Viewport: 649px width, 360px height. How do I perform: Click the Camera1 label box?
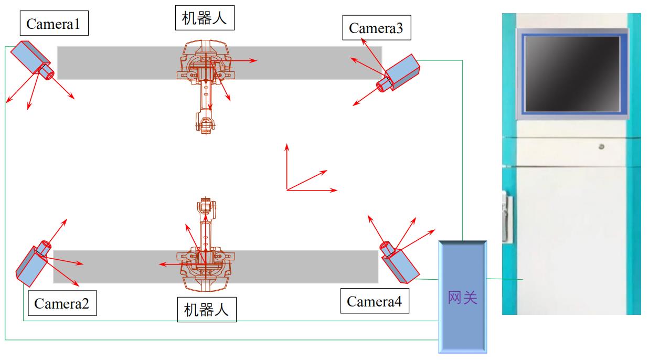pyautogui.click(x=54, y=23)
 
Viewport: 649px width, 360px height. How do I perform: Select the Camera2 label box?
pyautogui.click(x=62, y=303)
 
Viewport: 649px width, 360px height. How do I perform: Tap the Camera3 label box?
pyautogui.click(x=377, y=27)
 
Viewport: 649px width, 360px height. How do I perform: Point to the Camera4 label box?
pyautogui.click(x=375, y=301)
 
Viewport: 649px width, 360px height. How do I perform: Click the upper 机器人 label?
pyautogui.click(x=205, y=18)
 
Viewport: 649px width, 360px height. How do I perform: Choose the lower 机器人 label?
pyautogui.click(x=207, y=310)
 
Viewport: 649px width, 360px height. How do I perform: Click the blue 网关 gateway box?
pyautogui.click(x=463, y=297)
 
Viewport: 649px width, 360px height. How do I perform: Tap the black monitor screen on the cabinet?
pyautogui.click(x=572, y=74)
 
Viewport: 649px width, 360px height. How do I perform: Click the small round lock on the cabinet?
pyautogui.click(x=601, y=146)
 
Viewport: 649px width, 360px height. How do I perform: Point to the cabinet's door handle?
pyautogui.click(x=506, y=216)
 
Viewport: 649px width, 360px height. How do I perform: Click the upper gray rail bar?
pyautogui.click(x=219, y=62)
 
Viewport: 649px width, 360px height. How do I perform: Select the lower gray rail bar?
pyautogui.click(x=216, y=267)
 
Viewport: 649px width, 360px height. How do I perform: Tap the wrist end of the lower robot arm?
pyautogui.click(x=206, y=207)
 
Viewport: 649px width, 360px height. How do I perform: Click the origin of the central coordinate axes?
pyautogui.click(x=287, y=190)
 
